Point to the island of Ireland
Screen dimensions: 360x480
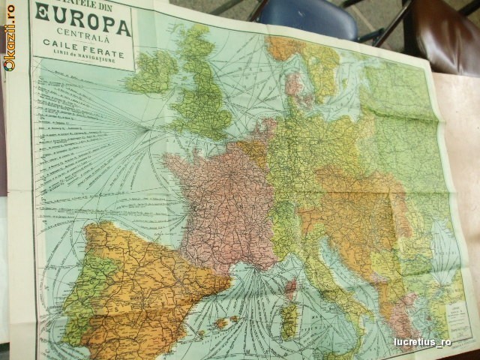[152, 71]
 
